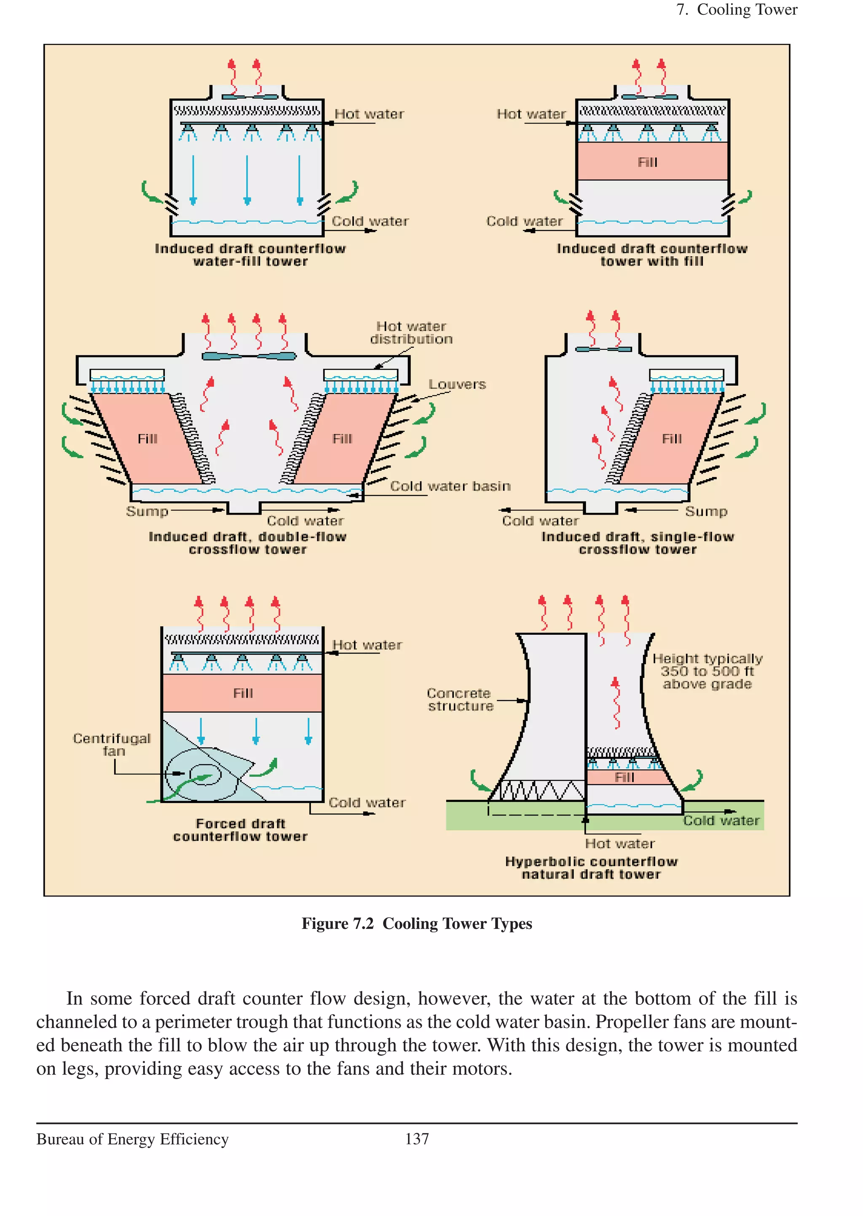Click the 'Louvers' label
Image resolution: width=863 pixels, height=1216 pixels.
[x=457, y=384]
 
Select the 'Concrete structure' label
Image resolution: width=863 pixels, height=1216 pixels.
[x=460, y=699]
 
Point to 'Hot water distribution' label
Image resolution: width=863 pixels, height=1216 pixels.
[x=411, y=333]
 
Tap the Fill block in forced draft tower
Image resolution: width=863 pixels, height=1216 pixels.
[x=242, y=693]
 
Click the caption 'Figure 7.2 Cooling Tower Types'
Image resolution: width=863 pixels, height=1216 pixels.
[x=417, y=923]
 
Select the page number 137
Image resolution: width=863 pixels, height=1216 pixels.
[x=417, y=1139]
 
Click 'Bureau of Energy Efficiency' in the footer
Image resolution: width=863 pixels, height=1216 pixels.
[x=132, y=1139]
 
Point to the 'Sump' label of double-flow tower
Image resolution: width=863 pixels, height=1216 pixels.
[x=147, y=511]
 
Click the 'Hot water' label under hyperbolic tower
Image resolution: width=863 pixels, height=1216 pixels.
[x=619, y=844]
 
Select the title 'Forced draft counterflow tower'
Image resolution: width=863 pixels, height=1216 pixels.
[x=240, y=830]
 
